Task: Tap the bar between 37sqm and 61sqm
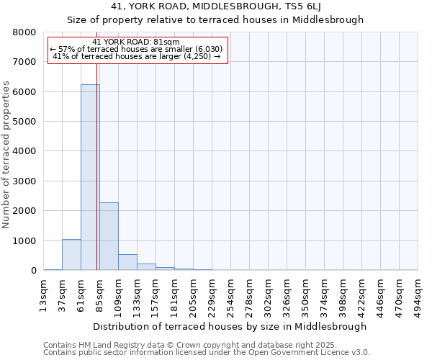71,255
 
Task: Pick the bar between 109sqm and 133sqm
127,262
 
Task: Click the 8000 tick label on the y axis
26,32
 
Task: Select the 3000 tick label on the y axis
26,181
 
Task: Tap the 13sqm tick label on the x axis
44,294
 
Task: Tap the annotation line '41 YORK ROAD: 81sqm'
137,42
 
